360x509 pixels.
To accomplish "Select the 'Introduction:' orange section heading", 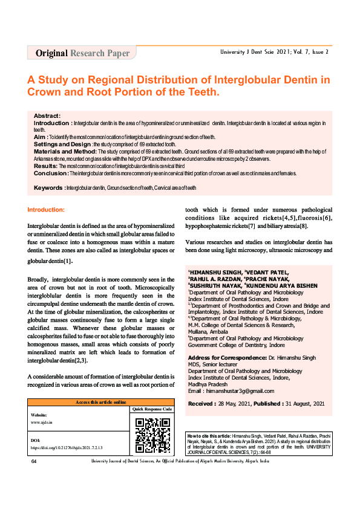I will [x=54, y=210].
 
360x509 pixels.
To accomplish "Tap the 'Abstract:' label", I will [x=47, y=115].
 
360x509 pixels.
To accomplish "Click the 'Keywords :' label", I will [x=49, y=188].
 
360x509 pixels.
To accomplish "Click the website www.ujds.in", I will [x=42, y=422].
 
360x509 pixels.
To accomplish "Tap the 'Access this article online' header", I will [x=100, y=402].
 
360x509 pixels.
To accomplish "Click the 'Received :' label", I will [x=205, y=403].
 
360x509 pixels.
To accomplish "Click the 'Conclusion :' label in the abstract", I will [x=50, y=172].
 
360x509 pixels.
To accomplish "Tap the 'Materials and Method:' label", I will [x=62, y=151].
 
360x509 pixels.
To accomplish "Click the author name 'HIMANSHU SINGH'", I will [x=212, y=273].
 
